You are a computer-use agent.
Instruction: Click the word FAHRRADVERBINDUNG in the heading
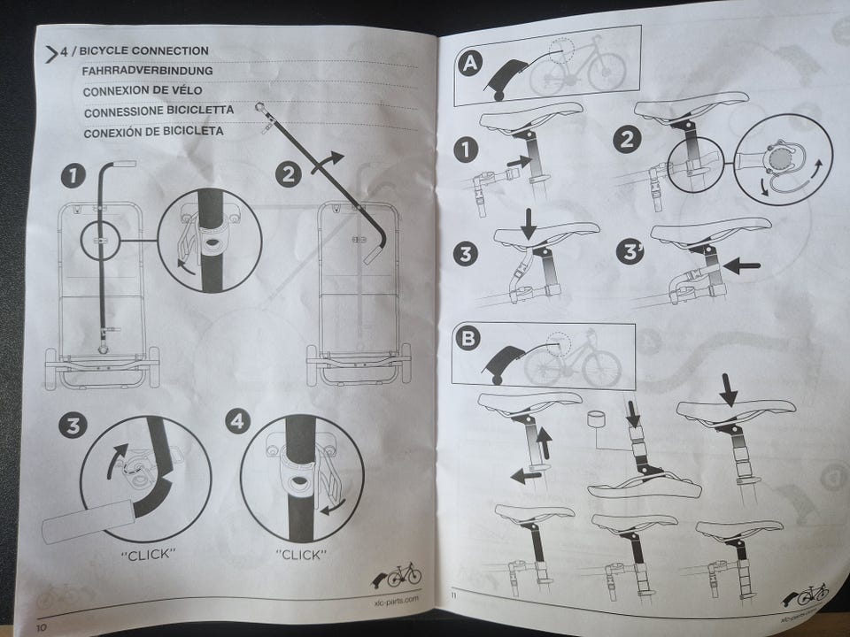coord(147,71)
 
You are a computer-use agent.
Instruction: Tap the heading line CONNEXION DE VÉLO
coord(143,90)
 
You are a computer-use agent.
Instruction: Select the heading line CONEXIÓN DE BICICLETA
coord(153,132)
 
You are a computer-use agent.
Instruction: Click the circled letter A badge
coord(469,64)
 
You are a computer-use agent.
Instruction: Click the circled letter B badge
coord(467,338)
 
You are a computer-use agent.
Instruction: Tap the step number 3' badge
coord(630,252)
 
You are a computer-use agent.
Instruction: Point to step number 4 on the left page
coord(237,420)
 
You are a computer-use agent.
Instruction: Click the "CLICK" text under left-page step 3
coord(148,554)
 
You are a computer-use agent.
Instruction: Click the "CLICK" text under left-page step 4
coord(301,555)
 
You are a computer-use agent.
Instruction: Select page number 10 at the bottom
coord(42,627)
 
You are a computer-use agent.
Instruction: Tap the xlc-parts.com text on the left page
coord(397,599)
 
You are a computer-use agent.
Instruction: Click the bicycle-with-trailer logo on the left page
coord(397,575)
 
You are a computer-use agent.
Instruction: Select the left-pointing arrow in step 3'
coord(742,265)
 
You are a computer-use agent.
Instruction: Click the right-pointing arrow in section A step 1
coord(520,161)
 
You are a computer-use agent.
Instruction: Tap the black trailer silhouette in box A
coord(503,80)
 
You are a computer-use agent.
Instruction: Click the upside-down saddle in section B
coord(645,486)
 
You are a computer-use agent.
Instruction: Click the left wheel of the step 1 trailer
coord(50,368)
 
